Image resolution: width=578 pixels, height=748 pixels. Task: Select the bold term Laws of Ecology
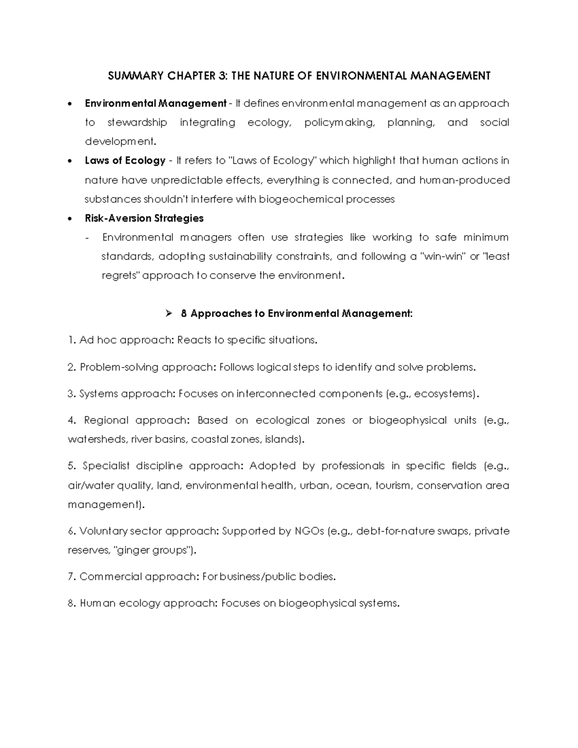[x=125, y=160]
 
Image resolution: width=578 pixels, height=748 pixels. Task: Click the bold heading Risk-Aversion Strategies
[x=144, y=218]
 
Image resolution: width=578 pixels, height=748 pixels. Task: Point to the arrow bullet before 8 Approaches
[x=168, y=314]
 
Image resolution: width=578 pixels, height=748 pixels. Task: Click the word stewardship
[x=137, y=122]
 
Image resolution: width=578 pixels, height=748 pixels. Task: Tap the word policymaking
[x=339, y=122]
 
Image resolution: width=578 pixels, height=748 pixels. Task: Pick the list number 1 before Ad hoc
[x=71, y=340]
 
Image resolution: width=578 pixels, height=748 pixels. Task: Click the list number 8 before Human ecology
[x=71, y=603]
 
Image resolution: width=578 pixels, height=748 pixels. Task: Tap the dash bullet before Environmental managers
[x=87, y=237]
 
